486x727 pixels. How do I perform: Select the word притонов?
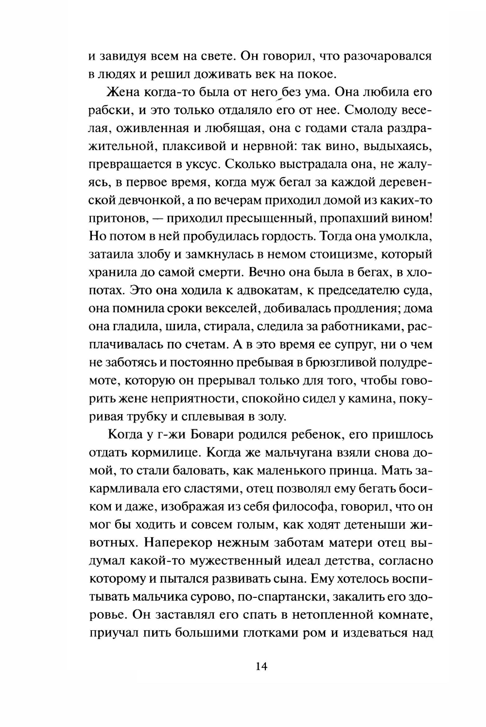click(x=115, y=219)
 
